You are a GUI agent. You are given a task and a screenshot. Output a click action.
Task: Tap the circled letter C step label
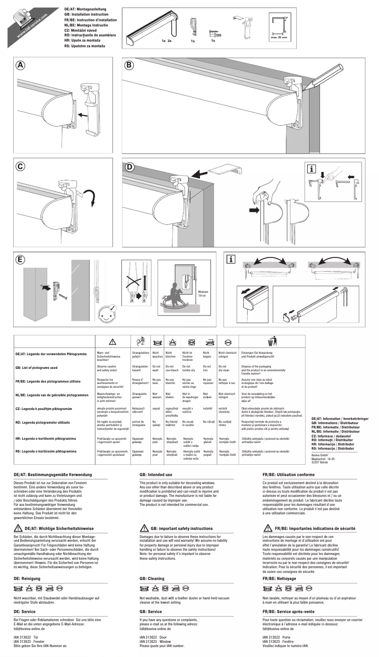coord(20,166)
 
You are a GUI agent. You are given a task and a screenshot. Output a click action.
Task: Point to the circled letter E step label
coord(20,260)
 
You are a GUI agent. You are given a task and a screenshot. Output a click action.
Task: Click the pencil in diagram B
coord(331,75)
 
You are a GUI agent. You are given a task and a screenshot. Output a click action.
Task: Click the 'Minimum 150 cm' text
coord(203,294)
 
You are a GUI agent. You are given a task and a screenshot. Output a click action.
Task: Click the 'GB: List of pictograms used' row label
coord(41,367)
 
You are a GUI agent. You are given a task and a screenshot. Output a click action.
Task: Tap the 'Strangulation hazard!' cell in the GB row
coord(140,368)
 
